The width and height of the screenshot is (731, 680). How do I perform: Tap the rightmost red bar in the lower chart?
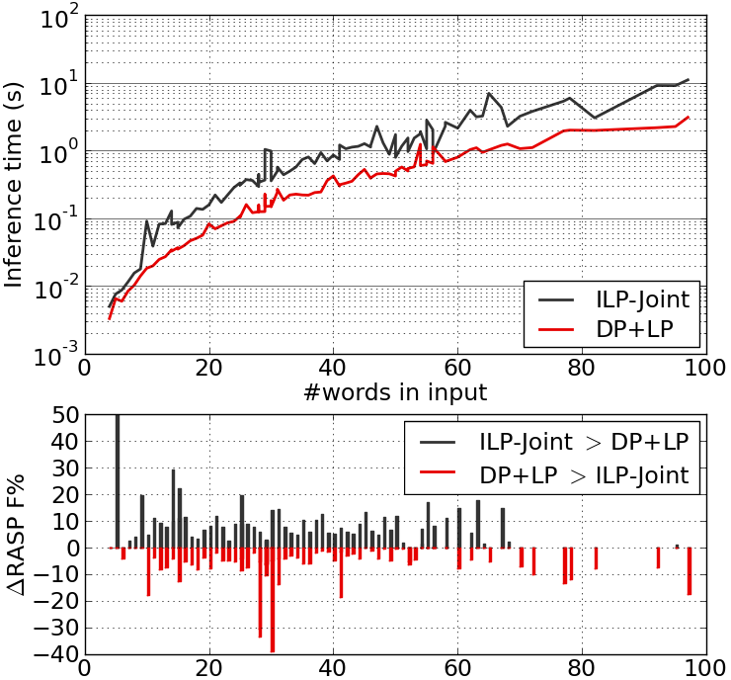pos(689,570)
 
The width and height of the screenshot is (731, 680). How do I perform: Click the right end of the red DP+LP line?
pos(689,117)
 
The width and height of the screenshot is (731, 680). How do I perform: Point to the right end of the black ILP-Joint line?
pos(689,79)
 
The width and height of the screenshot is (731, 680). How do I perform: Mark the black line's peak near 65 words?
pos(488,94)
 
